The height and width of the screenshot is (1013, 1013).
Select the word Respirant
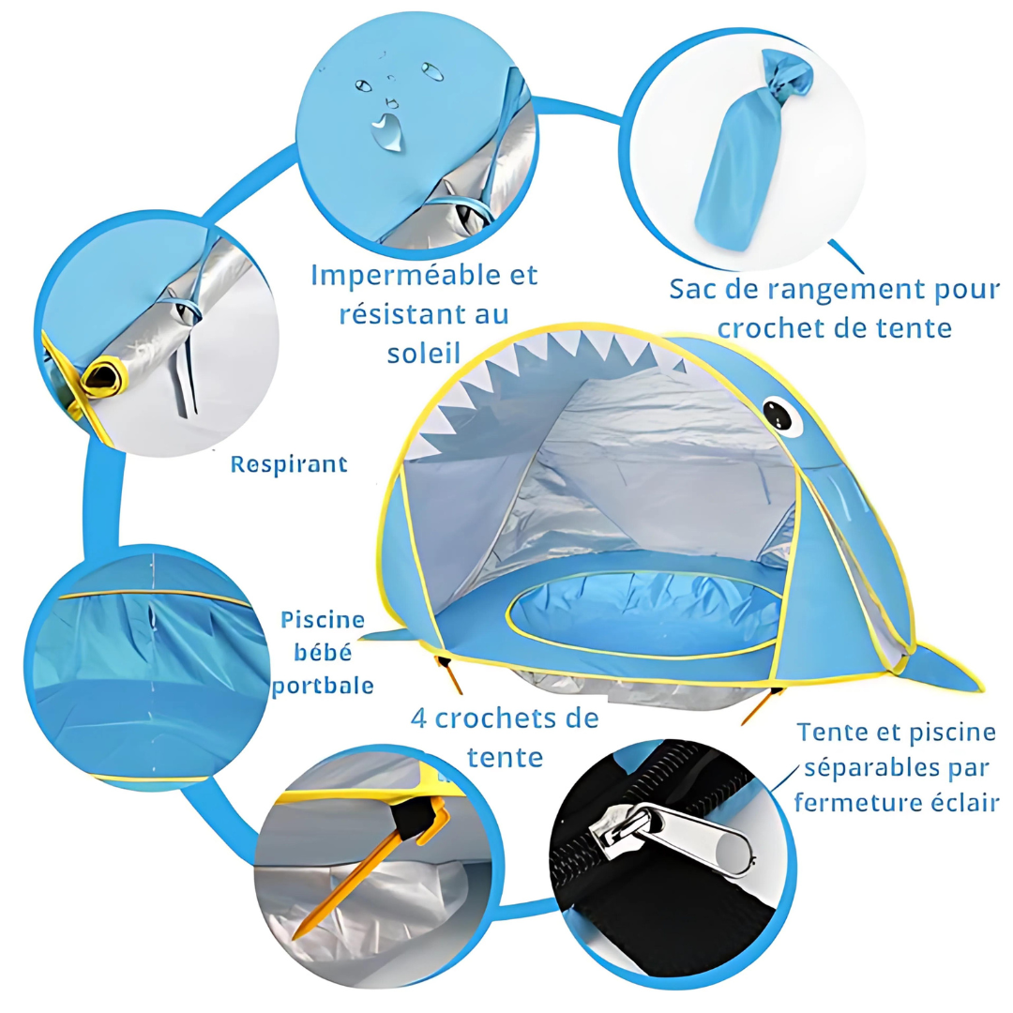tap(289, 464)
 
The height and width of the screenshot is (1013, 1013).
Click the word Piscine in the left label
tap(323, 620)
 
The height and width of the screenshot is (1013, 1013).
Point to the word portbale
tap(323, 686)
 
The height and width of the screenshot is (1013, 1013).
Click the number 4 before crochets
tap(418, 718)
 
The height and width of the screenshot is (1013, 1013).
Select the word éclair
tap(965, 802)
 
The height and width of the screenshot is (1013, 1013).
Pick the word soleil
tap(424, 354)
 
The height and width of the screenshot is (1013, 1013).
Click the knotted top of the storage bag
tap(786, 75)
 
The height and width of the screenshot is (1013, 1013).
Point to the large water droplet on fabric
tap(387, 131)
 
